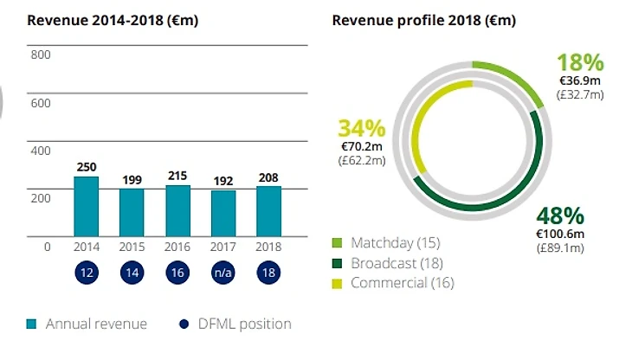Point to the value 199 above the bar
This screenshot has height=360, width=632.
pos(132,181)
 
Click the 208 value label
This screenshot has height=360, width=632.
pos(268,177)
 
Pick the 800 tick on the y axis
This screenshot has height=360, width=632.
pos(42,55)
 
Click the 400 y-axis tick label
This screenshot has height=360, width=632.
pos(42,151)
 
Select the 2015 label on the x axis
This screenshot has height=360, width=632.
pos(132,247)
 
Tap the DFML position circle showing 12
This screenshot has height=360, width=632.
pos(86,271)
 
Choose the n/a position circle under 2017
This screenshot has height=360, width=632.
pos(222,271)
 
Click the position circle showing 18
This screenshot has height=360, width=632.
pos(268,271)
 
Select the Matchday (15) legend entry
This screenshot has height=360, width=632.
pos(390,241)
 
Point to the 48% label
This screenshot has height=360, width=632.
pos(560,215)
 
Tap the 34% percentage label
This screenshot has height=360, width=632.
pos(361,129)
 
